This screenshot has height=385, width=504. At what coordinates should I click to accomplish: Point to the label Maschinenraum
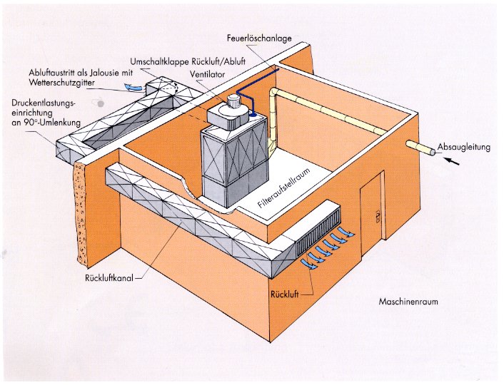click(408, 302)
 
